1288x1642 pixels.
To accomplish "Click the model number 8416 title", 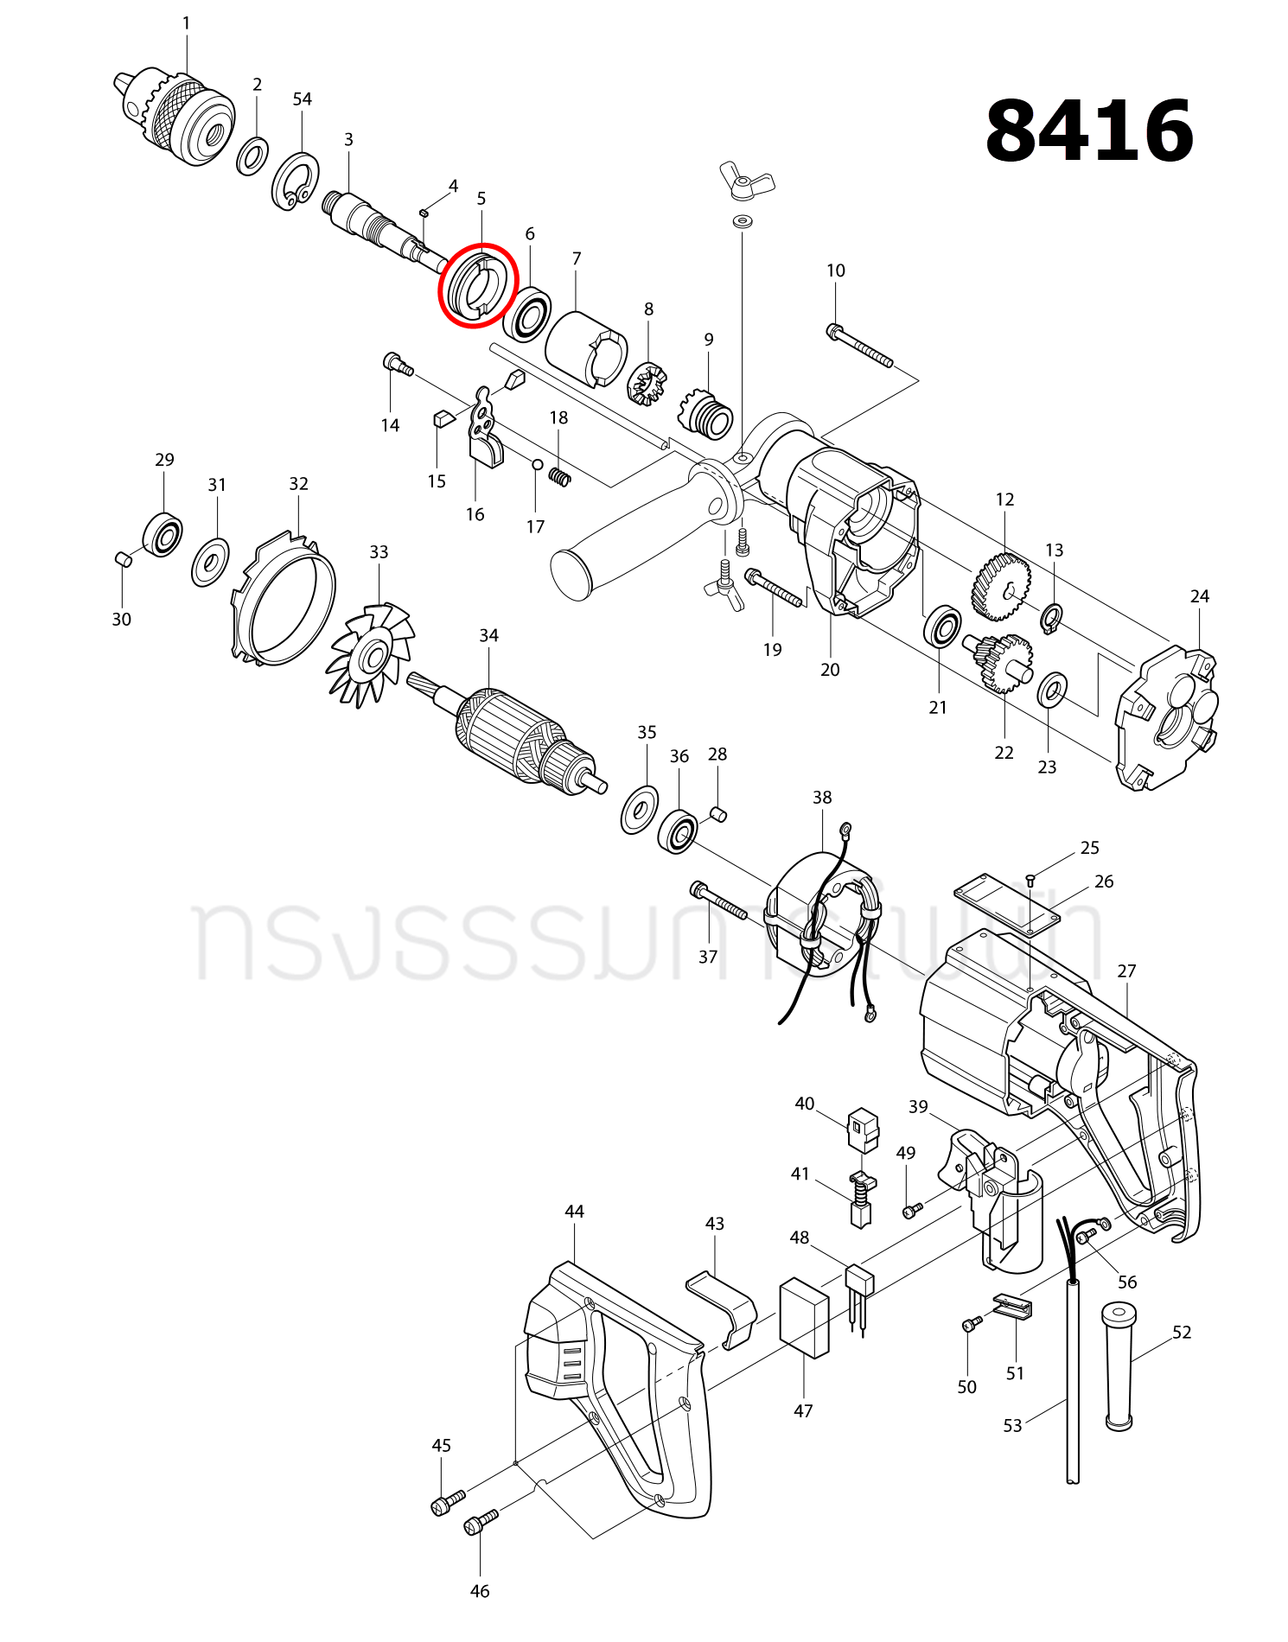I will pyautogui.click(x=1089, y=131).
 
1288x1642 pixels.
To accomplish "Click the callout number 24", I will pyautogui.click(x=1199, y=596).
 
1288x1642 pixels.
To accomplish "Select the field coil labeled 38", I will pyautogui.click(x=821, y=925).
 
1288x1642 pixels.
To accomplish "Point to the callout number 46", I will pyautogui.click(x=480, y=1591).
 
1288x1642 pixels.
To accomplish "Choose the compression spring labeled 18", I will pyautogui.click(x=560, y=476).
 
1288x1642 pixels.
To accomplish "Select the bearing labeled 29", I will pyautogui.click(x=163, y=535).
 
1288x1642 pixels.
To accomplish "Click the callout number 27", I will pyautogui.click(x=1126, y=971).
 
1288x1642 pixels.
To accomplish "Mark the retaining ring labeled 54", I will pyautogui.click(x=296, y=179).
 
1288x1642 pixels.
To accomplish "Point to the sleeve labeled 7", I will pyautogui.click(x=585, y=348).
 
